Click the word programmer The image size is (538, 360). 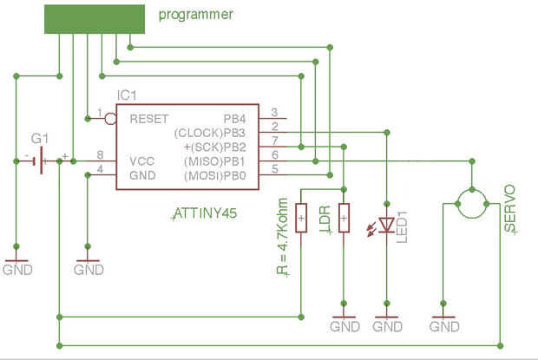(x=196, y=15)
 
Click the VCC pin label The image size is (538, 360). (x=141, y=160)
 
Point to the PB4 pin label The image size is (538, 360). (x=234, y=117)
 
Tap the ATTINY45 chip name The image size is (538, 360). (x=206, y=212)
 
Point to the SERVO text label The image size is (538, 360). (x=510, y=208)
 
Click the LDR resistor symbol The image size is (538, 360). (x=344, y=218)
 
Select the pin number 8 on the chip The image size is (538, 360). (x=102, y=154)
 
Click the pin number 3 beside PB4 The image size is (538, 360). (x=274, y=112)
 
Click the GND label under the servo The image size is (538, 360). (x=444, y=327)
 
